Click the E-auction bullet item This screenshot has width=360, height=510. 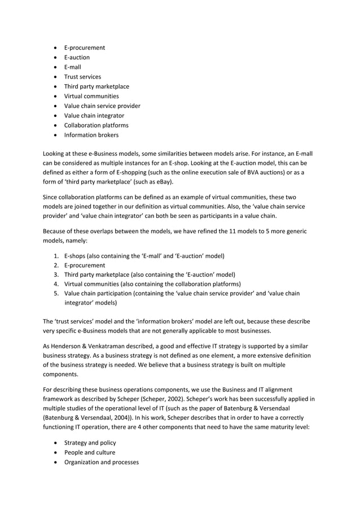[77, 57]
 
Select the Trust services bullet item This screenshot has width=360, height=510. [82, 77]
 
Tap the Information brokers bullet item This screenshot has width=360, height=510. [91, 135]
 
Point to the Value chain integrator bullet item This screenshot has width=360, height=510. [94, 115]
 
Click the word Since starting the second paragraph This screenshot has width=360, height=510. [51, 197]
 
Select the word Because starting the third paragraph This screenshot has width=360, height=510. [56, 231]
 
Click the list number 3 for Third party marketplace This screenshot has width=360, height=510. [56, 274]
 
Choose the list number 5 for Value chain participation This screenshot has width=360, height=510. [56, 293]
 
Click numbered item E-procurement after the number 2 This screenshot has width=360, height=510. [84, 264]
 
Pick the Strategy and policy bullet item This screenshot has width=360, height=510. [89, 442]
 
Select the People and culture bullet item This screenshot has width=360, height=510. [89, 452]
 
